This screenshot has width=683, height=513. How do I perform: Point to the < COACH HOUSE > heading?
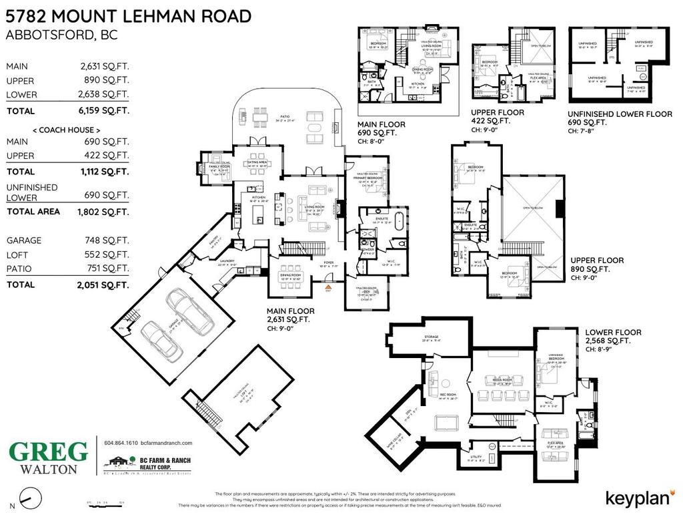pos(67,129)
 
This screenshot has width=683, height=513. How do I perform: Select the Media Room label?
pos(502,380)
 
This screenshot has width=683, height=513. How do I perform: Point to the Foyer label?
pos(328,263)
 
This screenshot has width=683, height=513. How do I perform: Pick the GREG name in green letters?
pos(48,452)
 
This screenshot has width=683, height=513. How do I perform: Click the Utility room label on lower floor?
pos(475,458)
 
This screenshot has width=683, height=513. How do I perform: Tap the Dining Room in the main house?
pos(289,275)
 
